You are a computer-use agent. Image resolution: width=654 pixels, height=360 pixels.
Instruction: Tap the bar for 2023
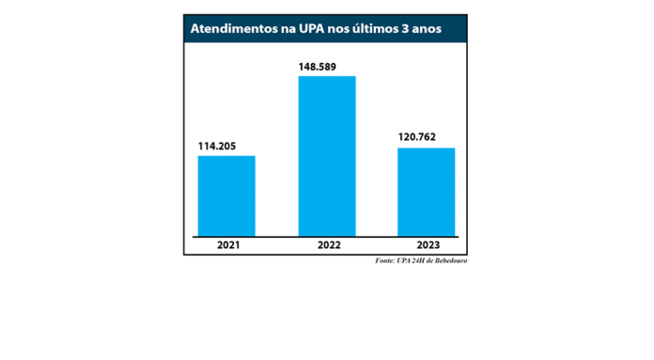tap(426, 192)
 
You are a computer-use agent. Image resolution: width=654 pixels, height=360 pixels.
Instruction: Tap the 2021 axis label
tap(226, 244)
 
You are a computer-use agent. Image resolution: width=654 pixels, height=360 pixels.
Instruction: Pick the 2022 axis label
tap(327, 244)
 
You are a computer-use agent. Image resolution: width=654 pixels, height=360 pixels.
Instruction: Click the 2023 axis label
tap(427, 244)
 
